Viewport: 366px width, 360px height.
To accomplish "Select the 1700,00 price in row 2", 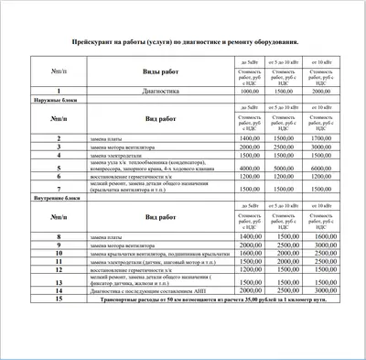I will [x=321, y=138].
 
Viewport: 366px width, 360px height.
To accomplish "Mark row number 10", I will [x=59, y=254].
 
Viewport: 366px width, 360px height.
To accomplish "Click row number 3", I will [x=59, y=147].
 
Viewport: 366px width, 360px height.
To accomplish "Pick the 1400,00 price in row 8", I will [x=251, y=237].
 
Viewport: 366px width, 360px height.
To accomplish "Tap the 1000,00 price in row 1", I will [x=251, y=92].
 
